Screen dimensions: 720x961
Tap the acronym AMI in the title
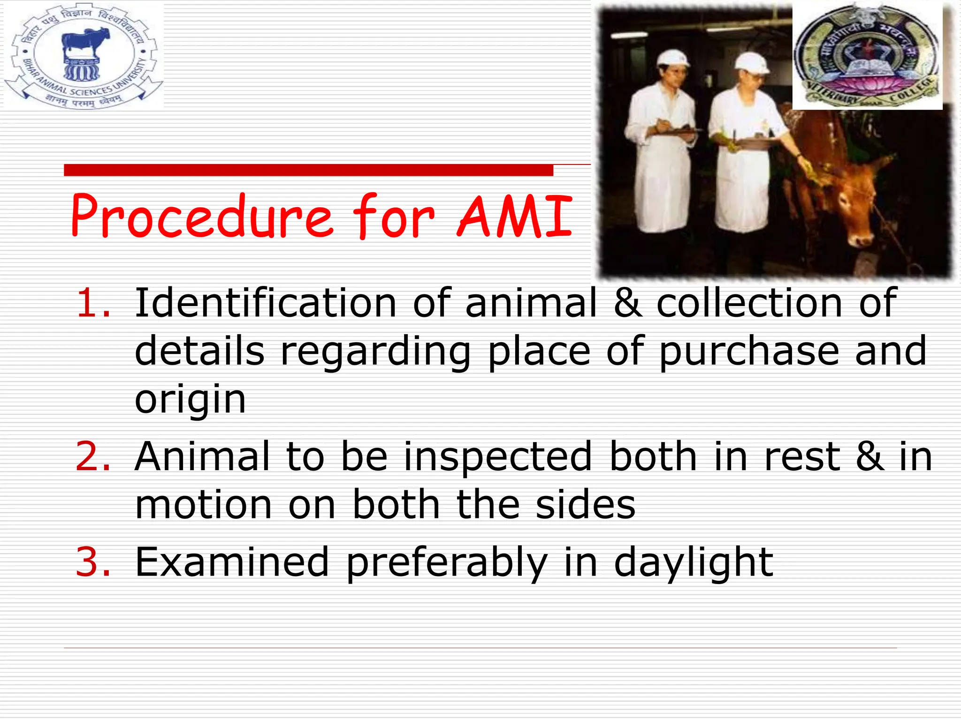click(514, 217)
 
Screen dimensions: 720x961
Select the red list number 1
click(93, 303)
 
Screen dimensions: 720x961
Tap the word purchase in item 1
click(749, 352)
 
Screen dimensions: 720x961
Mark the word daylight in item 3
click(694, 562)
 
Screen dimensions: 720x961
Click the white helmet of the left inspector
click(673, 58)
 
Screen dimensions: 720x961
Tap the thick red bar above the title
click(308, 170)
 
